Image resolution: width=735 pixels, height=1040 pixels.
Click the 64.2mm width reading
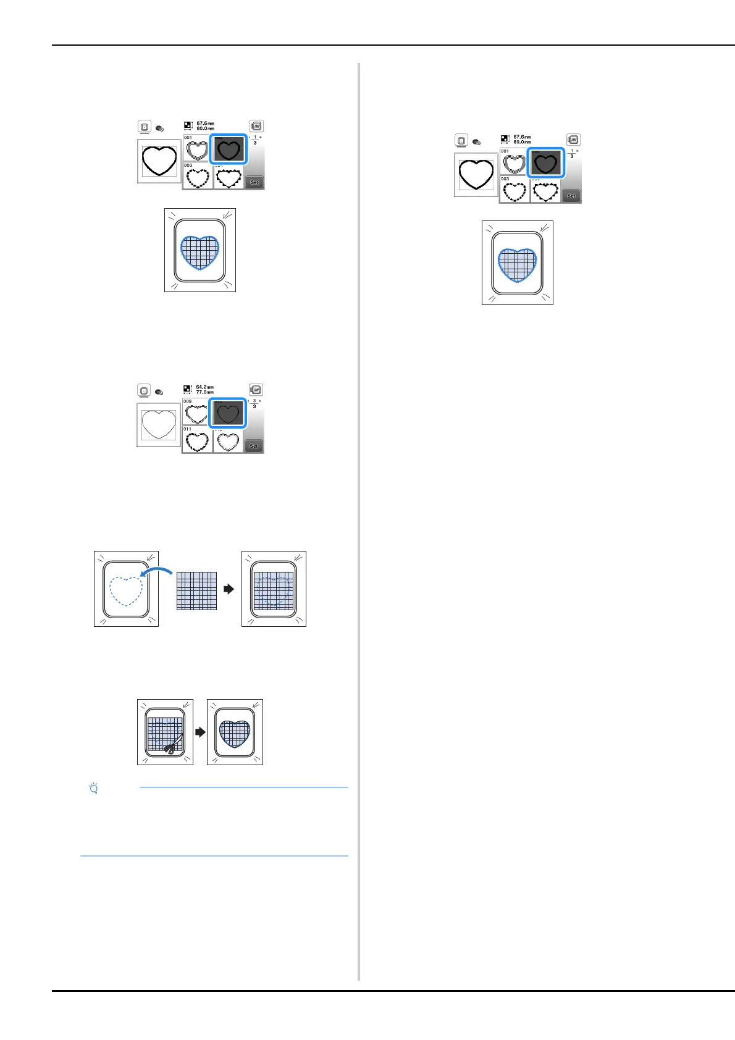tap(204, 387)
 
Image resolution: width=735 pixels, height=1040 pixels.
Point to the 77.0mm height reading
tap(204, 393)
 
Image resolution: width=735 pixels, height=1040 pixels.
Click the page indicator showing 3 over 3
tap(254, 403)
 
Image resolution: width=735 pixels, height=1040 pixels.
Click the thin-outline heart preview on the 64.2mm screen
tap(159, 425)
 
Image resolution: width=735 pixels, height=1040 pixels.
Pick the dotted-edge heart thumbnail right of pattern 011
tap(228, 441)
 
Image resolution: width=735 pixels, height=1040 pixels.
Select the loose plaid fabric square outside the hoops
tap(196, 591)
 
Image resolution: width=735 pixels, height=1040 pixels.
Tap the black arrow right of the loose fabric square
tap(229, 589)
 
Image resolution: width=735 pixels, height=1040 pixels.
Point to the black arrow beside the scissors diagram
tap(200, 732)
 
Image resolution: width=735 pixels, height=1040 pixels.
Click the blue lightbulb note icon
tap(94, 789)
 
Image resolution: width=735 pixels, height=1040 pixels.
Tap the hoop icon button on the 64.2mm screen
tap(144, 390)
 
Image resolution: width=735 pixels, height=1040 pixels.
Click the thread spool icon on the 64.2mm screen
tap(159, 392)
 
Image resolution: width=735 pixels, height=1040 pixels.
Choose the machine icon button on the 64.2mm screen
tap(256, 390)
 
